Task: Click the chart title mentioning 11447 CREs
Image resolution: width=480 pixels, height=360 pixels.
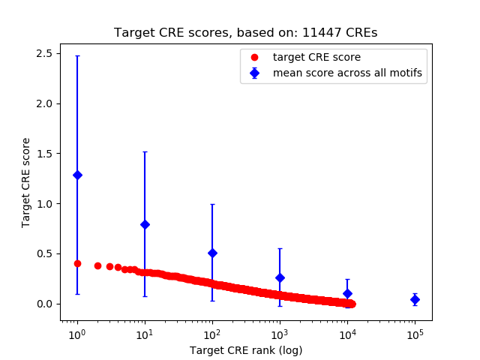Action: (x=245, y=33)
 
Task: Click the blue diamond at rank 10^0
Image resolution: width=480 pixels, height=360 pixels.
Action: (x=77, y=175)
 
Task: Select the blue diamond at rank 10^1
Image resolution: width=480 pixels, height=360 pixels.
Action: (x=145, y=224)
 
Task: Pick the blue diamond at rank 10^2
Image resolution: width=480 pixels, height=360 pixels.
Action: (x=212, y=253)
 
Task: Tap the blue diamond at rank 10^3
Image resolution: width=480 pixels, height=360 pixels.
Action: (x=280, y=277)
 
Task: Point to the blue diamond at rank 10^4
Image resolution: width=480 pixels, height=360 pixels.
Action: (x=347, y=293)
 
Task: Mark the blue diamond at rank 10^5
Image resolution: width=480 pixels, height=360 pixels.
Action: (x=415, y=299)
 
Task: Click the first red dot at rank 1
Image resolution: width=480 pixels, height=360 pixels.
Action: (x=77, y=263)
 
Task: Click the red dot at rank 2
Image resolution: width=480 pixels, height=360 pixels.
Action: (x=97, y=265)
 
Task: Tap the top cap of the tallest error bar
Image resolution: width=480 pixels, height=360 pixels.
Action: (x=77, y=55)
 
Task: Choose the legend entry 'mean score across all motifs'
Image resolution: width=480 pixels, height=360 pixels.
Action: (x=346, y=73)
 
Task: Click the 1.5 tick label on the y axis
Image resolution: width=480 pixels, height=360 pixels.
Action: (x=45, y=154)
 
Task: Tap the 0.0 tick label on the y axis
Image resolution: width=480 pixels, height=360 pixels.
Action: (x=45, y=304)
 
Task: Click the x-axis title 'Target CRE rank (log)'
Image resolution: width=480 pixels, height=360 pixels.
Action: (x=245, y=349)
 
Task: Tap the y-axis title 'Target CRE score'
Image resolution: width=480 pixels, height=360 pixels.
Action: (x=26, y=182)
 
